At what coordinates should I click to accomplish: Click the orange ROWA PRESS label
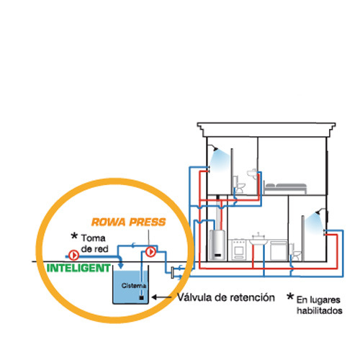129,222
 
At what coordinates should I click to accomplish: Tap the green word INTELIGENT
78,268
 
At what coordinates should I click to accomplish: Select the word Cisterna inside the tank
134,286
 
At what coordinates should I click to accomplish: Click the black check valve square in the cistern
142,298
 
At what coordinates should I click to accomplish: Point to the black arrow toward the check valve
162,297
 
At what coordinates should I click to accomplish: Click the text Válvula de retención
226,297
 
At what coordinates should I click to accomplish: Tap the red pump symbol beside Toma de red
73,255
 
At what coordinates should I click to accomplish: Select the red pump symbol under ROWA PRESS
150,252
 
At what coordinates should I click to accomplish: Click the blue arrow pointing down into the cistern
121,264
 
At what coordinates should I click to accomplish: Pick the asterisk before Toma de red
74,236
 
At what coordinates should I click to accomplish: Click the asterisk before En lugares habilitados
290,297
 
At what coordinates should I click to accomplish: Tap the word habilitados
320,310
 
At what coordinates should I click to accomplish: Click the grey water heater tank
217,245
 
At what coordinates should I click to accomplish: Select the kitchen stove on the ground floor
238,250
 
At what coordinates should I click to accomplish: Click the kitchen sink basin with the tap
258,240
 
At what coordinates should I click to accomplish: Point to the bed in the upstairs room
285,188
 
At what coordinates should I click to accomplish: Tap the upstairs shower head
215,148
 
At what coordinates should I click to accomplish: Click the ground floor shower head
319,212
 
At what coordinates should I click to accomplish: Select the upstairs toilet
238,184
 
